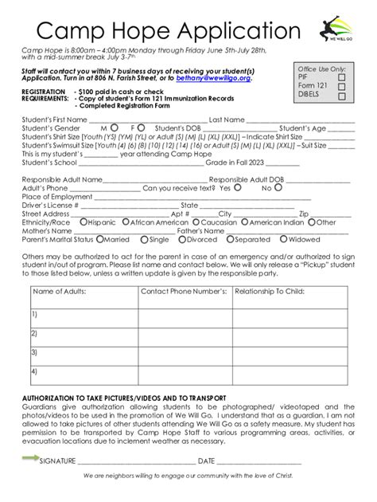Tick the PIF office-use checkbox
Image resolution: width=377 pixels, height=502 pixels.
coord(341,78)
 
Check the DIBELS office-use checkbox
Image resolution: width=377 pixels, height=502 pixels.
coord(341,96)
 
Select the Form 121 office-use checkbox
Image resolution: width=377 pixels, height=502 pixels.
coord(341,87)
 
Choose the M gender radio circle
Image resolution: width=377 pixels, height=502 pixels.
coord(115,127)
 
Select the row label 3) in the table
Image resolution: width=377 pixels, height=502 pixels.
coord(35,351)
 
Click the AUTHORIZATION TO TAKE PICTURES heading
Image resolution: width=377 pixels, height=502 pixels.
coord(123,398)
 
